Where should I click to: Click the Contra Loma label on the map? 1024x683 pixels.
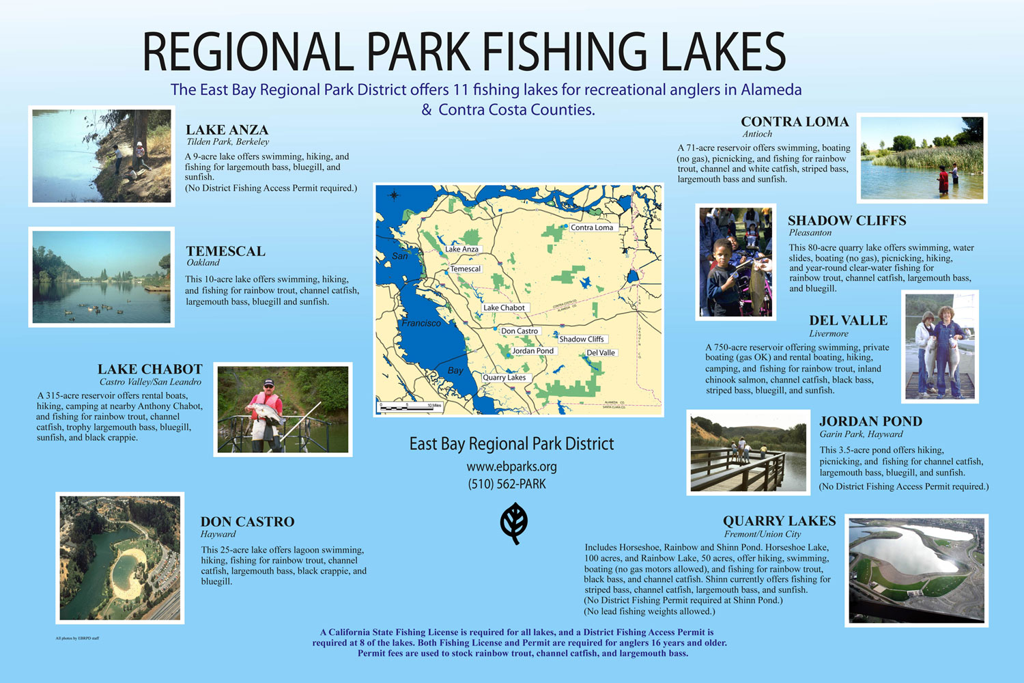(x=592, y=227)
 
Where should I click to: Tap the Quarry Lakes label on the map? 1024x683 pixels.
(x=504, y=378)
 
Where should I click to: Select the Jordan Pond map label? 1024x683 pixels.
(x=533, y=351)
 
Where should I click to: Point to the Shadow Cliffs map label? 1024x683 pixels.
(x=582, y=339)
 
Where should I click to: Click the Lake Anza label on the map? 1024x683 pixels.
(x=461, y=249)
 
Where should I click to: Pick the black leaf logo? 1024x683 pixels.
(x=513, y=524)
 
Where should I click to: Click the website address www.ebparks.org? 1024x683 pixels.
(x=511, y=467)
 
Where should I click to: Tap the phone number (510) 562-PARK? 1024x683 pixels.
(x=507, y=484)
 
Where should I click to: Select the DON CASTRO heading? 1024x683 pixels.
(x=247, y=522)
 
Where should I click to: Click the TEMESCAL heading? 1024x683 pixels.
(x=225, y=251)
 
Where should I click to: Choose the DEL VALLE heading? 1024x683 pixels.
(x=848, y=320)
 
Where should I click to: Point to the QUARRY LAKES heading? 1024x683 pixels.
(x=779, y=521)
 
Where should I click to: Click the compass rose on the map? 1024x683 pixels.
(x=394, y=195)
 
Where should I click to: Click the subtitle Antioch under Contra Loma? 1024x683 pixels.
(x=757, y=135)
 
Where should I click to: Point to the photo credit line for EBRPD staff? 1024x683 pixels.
(x=77, y=639)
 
